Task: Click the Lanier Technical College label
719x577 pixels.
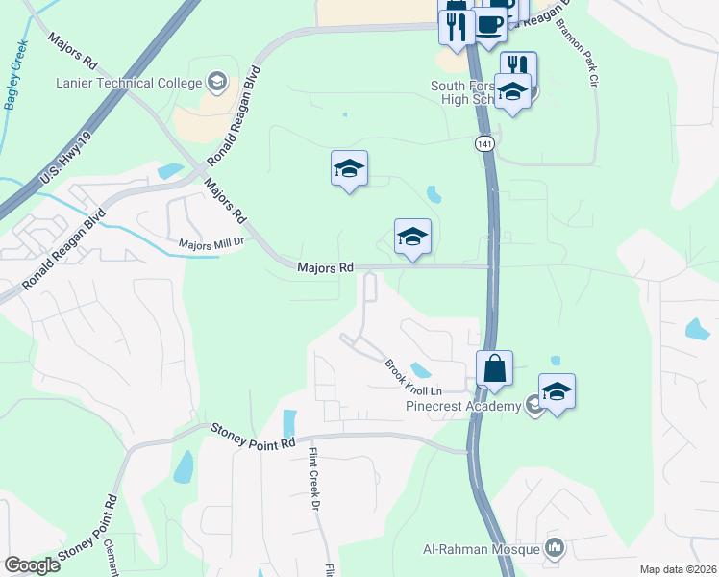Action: pos(131,83)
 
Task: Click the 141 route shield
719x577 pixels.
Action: pos(483,142)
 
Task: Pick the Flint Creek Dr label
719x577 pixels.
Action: pos(312,478)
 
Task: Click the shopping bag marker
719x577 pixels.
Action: pos(494,368)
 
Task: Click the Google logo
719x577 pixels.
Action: pos(32,565)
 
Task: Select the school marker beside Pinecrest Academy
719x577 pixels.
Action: pos(557,392)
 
